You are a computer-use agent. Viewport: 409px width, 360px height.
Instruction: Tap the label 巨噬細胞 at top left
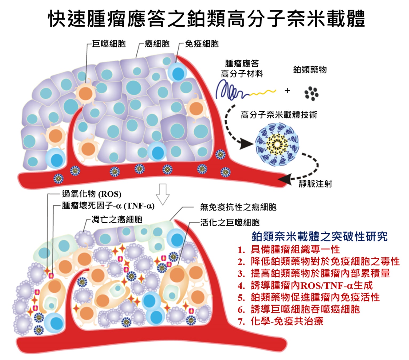(109, 44)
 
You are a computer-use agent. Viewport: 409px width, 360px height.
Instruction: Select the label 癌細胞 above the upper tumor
(157, 44)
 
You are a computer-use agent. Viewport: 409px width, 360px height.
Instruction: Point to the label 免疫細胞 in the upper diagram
(202, 44)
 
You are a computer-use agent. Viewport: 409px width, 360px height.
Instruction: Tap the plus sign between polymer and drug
(287, 91)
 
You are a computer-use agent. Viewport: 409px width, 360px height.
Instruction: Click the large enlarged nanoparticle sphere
(277, 144)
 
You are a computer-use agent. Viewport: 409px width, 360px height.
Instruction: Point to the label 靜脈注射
(315, 184)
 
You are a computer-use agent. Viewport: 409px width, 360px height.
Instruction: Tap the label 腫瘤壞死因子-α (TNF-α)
(108, 206)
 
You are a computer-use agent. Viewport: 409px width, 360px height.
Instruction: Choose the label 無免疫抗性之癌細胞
(238, 207)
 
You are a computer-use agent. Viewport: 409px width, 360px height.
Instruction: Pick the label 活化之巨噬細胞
(230, 222)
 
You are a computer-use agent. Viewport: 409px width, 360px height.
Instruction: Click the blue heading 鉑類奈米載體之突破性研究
(320, 236)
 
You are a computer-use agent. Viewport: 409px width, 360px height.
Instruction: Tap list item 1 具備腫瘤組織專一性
(295, 250)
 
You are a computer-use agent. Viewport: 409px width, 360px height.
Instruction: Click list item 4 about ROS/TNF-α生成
(311, 286)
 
